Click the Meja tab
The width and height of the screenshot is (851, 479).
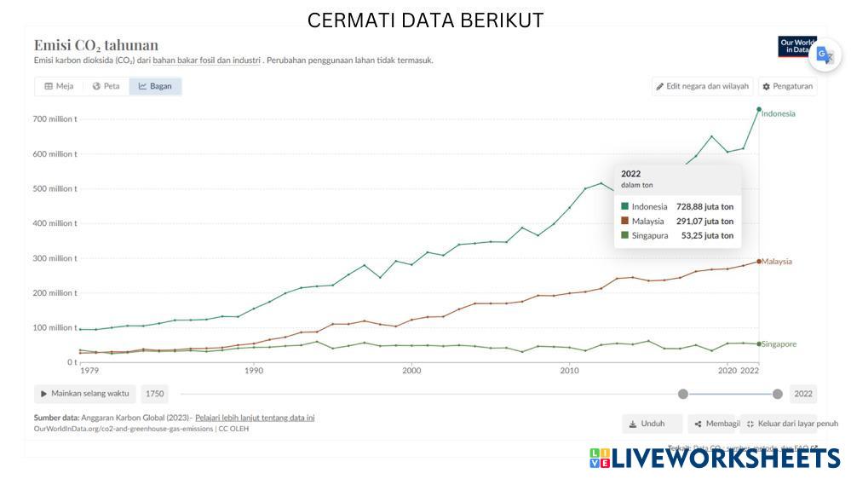tap(59, 86)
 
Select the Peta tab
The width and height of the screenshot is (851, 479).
tap(106, 86)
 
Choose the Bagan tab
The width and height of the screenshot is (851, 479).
tap(155, 86)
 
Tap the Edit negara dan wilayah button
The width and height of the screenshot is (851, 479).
tap(702, 86)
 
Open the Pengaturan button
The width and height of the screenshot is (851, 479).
tap(787, 86)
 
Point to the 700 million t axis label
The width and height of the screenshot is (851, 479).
tap(56, 119)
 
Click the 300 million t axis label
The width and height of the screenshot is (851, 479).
tap(56, 258)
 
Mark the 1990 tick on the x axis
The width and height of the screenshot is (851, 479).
tap(253, 371)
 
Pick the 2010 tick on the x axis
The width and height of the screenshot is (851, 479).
tap(569, 371)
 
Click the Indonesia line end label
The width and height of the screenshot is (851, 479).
tap(778, 113)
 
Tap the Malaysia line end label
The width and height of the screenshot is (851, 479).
tap(777, 262)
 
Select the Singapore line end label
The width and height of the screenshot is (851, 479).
tap(779, 344)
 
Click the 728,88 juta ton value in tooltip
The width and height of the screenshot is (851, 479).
tap(704, 206)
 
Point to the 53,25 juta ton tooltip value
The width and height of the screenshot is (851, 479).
tap(707, 235)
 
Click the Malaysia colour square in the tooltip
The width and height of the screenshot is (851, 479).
tap(624, 221)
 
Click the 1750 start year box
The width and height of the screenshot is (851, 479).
tap(154, 394)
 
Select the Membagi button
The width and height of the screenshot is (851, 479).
tap(715, 424)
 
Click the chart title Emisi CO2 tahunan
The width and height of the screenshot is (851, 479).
tap(96, 45)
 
